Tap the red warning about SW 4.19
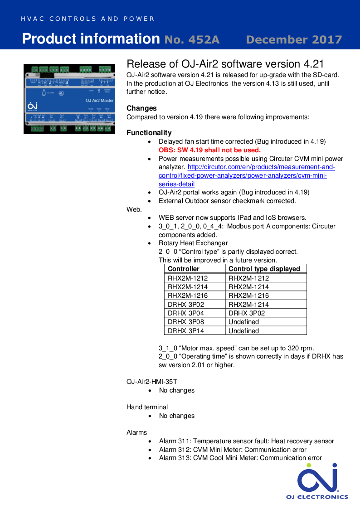(x=209, y=150)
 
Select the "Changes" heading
(x=141, y=108)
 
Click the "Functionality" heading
(x=149, y=133)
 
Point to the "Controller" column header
(x=183, y=269)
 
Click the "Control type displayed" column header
(x=264, y=269)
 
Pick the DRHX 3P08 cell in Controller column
(x=185, y=322)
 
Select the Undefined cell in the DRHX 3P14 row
(x=243, y=331)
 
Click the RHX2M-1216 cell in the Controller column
(x=188, y=296)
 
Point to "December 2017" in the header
(x=294, y=40)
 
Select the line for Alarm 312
(x=233, y=450)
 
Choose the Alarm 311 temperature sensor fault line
(x=246, y=441)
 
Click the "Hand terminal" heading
(x=147, y=407)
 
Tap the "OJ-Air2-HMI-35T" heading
(x=151, y=382)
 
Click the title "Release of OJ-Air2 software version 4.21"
(x=225, y=64)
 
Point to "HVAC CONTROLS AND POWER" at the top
(x=88, y=19)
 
